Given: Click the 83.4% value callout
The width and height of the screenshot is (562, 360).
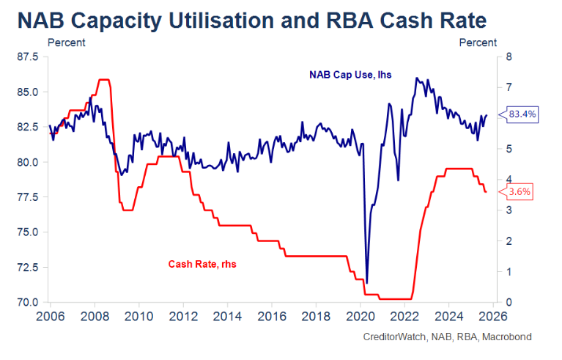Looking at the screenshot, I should coord(523,114).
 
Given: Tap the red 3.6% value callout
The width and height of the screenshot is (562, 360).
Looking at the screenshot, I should coord(517,192).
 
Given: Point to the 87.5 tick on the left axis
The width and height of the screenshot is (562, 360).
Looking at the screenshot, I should coord(30,57).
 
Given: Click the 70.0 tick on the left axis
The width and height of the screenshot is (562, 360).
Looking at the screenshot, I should coord(30,302).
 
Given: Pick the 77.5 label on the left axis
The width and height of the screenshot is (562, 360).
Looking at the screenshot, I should coord(30,197).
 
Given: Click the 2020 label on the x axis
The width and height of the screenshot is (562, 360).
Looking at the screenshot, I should coord(361,317).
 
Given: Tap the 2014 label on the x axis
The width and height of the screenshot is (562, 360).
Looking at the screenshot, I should coord(227,317).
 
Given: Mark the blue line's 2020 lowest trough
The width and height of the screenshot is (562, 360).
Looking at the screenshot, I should coord(366,282).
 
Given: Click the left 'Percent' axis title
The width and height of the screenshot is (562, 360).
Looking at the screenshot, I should coord(66,43).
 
